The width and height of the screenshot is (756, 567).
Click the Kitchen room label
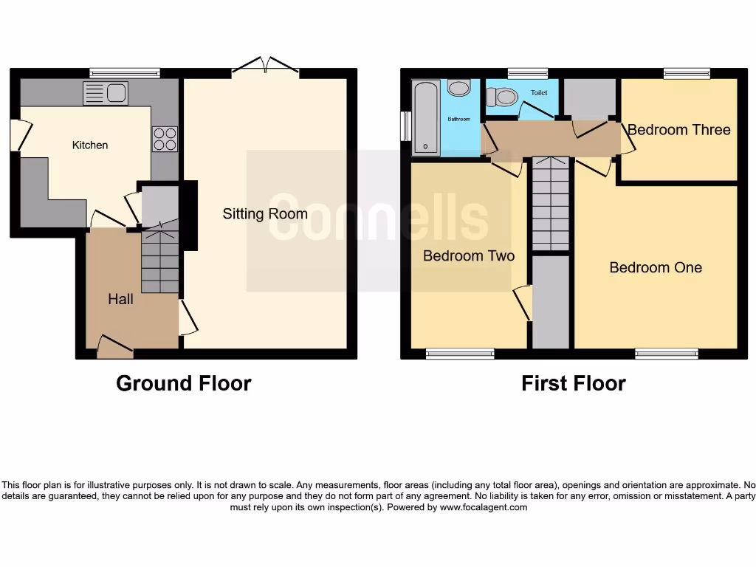point(90,145)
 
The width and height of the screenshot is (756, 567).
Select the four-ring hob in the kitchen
point(165,139)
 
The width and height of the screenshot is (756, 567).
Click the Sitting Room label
point(265,214)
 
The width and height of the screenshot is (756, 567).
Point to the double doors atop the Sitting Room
point(265,69)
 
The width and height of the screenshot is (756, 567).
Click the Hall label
point(120,299)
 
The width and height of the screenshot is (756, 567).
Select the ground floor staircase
point(160,262)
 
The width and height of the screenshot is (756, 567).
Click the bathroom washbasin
point(459,89)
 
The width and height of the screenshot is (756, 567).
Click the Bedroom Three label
point(678,130)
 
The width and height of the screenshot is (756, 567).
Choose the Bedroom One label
point(656,267)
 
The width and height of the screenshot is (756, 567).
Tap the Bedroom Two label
point(469,256)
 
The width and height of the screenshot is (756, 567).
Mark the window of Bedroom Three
point(687,73)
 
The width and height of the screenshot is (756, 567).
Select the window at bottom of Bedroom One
point(666,354)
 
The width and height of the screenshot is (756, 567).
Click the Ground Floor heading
point(183,384)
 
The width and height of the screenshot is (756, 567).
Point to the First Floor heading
point(573,384)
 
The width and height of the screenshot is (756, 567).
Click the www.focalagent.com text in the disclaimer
point(484,507)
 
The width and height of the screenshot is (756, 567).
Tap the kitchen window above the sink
point(125,73)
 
